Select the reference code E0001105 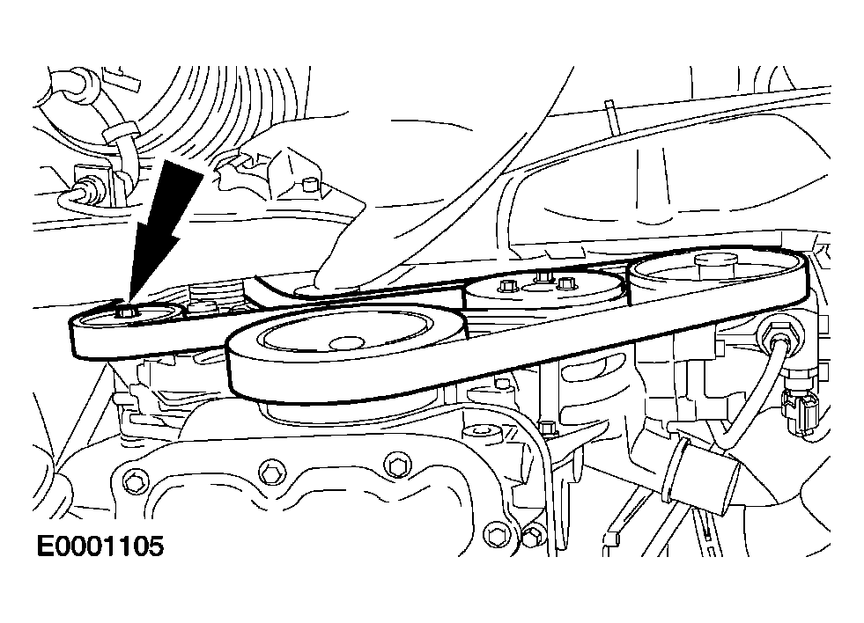coord(100,546)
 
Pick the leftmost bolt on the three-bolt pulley coord(505,286)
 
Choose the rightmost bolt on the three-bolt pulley coord(565,283)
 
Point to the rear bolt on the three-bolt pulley coord(541,275)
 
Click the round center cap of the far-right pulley coord(715,261)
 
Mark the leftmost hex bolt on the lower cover coord(132,483)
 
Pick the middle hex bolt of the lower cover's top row coord(270,471)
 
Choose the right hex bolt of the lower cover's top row coord(395,465)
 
